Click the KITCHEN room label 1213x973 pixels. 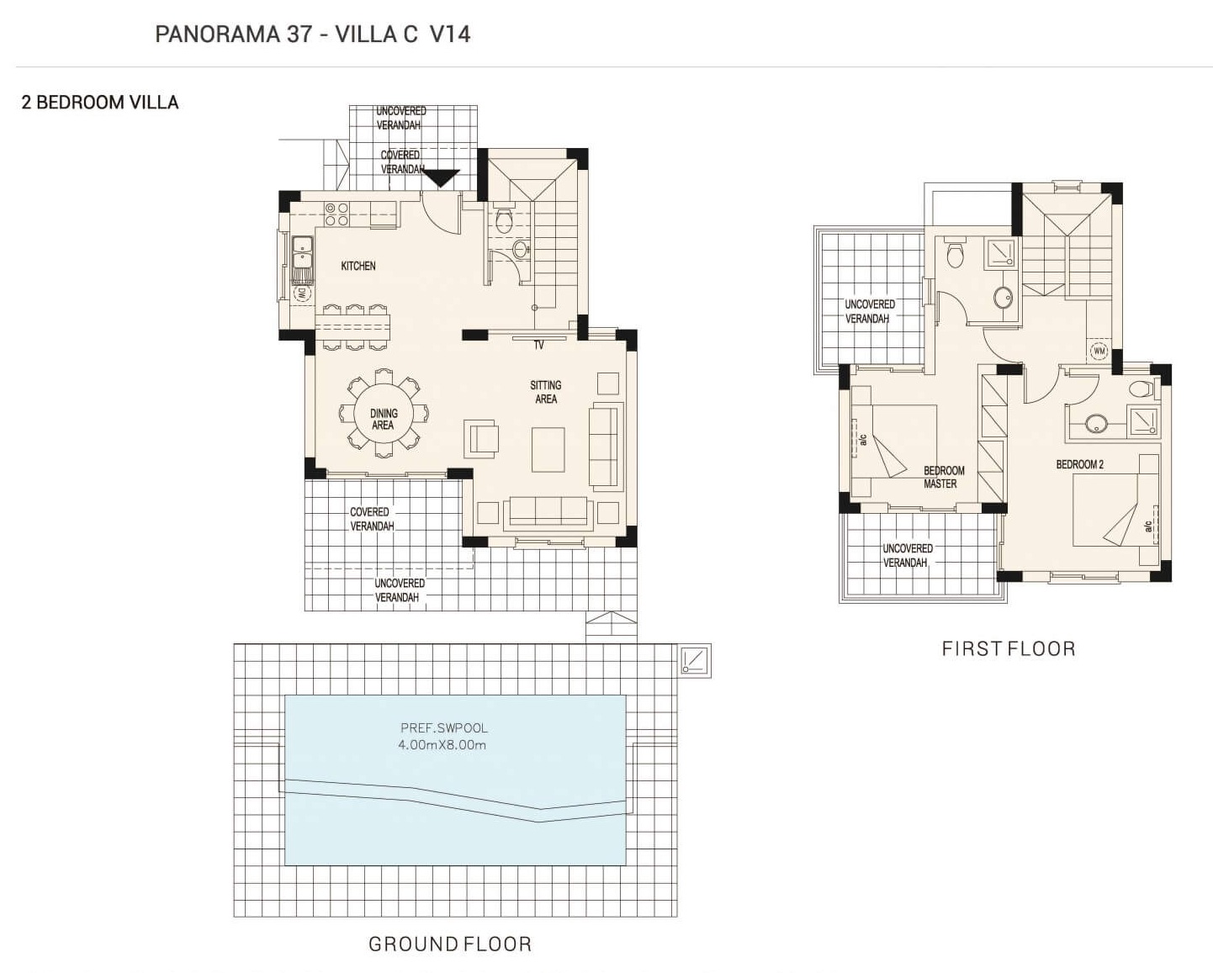(358, 266)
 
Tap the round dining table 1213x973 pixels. (384, 415)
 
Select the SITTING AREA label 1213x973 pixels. (546, 392)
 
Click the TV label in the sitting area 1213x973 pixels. (539, 345)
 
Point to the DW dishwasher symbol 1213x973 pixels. (301, 293)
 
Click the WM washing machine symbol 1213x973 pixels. (1099, 352)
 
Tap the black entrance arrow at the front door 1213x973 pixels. (442, 178)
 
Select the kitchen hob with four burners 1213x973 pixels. (336, 214)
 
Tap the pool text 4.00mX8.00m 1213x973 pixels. (442, 745)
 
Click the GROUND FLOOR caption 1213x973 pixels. (450, 944)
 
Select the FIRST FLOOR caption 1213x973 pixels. (1009, 648)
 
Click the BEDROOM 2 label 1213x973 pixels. (1079, 464)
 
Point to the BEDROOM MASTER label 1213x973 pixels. (944, 477)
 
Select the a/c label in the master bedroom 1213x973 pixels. (863, 439)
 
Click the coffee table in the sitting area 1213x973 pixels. (548, 449)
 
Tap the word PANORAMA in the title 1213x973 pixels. (218, 34)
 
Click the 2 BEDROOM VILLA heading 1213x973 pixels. (100, 103)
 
